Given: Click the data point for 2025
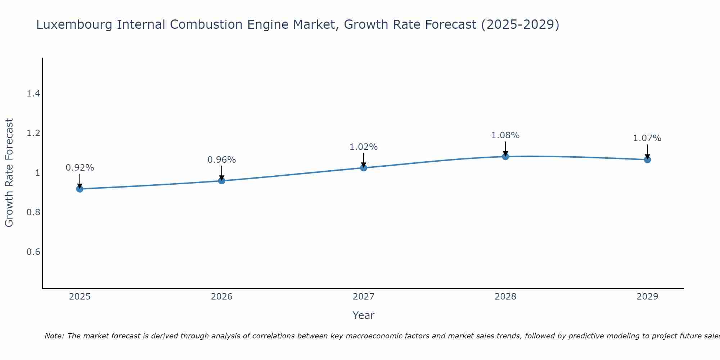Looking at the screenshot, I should click(x=80, y=189).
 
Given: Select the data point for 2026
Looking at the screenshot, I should click(x=222, y=180).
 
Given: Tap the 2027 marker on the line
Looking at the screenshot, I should click(x=364, y=167).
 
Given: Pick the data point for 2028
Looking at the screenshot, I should click(x=505, y=156).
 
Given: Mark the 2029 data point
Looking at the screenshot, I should click(x=647, y=159).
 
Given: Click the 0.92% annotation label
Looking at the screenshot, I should click(x=80, y=168).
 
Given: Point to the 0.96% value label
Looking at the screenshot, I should click(x=222, y=160).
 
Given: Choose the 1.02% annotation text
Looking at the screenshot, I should click(x=364, y=147).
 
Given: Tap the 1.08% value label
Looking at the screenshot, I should click(x=505, y=135).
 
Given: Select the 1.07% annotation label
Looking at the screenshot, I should click(x=647, y=138).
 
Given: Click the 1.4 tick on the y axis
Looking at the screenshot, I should click(x=33, y=94).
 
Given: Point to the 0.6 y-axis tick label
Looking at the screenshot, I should click(x=33, y=252).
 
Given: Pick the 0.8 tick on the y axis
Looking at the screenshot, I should click(x=33, y=212).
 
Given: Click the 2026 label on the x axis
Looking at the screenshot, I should click(x=222, y=297).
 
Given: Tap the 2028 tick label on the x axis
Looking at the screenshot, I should click(x=505, y=297).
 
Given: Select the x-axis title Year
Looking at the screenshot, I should click(x=364, y=315).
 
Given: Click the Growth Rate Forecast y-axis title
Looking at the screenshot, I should click(x=9, y=173).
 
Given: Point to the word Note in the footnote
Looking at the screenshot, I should click(x=54, y=336).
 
